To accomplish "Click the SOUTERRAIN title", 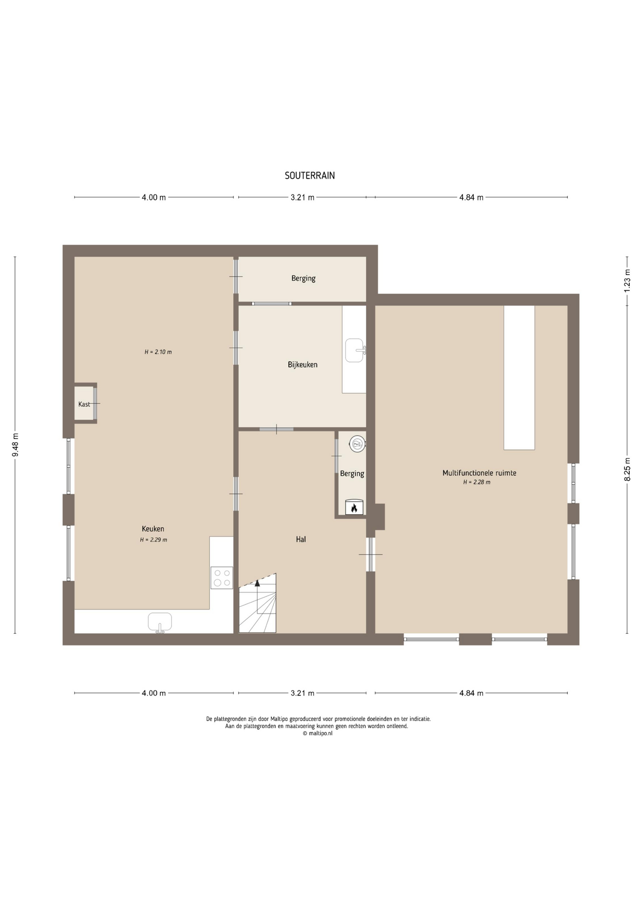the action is (310, 175).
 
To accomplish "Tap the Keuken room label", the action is (153, 529).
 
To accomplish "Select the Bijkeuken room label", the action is (303, 365).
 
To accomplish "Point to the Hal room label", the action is (301, 539).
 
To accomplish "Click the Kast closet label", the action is (84, 404).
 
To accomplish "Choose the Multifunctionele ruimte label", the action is (479, 473).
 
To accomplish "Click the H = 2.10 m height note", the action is (158, 352).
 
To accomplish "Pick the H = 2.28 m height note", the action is (477, 482).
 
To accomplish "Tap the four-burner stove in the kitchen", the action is (222, 577).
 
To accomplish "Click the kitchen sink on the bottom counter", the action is (160, 622).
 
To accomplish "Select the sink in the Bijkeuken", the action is (355, 350).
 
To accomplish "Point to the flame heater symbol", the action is (354, 507).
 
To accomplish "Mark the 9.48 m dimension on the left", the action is (15, 445).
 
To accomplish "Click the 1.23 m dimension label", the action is (627, 280).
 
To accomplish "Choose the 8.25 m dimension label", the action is (627, 469).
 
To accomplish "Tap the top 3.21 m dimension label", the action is (303, 198).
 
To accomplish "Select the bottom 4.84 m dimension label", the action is (471, 693).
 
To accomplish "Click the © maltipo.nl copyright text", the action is (318, 733).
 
